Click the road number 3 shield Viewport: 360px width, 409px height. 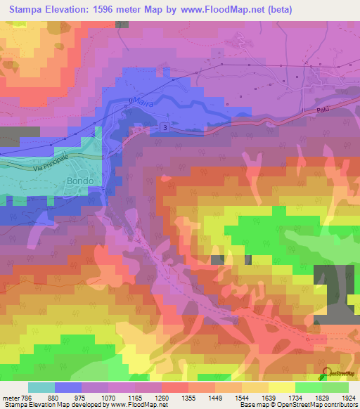pyautogui.click(x=164, y=127)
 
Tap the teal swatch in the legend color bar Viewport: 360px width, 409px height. pyautogui.click(x=41, y=387)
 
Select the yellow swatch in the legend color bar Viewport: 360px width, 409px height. pyautogui.click(x=281, y=387)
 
